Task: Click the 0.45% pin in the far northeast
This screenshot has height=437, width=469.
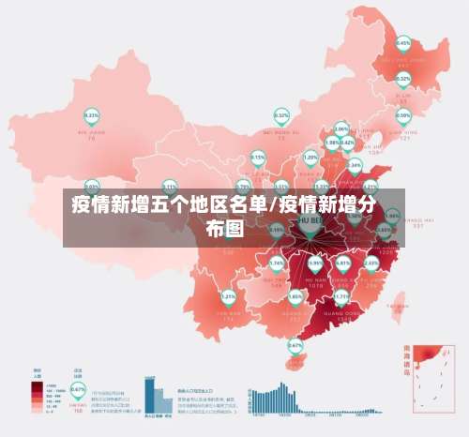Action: (x=403, y=43)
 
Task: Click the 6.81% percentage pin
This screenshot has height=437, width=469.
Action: (x=343, y=264)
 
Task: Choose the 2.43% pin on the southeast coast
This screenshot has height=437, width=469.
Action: (x=371, y=264)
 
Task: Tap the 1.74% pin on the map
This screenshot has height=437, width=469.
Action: (x=277, y=264)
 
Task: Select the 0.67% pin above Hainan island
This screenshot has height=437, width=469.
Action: (x=295, y=346)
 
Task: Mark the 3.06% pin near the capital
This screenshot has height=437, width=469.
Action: (x=341, y=129)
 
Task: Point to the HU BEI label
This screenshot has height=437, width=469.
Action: (x=309, y=219)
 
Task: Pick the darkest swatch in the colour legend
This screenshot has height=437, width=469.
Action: (x=37, y=385)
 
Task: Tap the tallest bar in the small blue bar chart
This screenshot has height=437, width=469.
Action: (x=149, y=395)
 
